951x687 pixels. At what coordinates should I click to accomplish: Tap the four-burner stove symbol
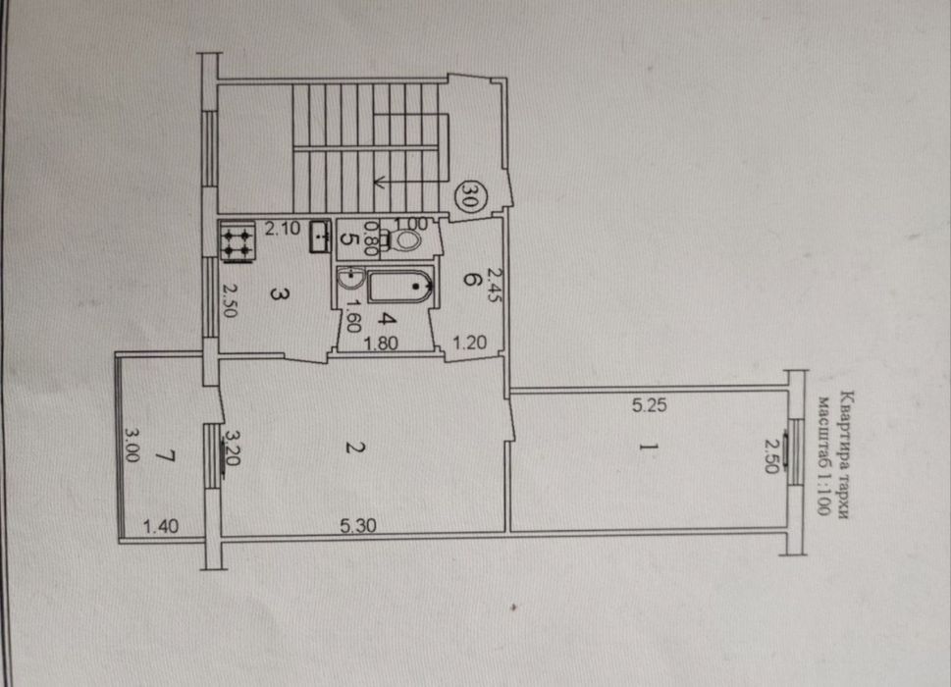(238, 242)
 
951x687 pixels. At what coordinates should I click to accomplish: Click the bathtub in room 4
(399, 287)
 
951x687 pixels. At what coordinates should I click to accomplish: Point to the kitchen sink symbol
(320, 237)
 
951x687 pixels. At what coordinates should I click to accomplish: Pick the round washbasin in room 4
(350, 279)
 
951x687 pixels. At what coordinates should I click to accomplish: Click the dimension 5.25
(649, 405)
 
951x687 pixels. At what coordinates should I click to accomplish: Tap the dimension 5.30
(358, 525)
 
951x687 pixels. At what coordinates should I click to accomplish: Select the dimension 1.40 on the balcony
(161, 526)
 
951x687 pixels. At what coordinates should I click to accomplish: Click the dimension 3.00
(132, 445)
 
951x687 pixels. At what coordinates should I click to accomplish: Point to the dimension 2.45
(496, 286)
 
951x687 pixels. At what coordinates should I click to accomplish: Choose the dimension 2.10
(282, 229)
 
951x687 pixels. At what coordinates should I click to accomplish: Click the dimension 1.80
(380, 343)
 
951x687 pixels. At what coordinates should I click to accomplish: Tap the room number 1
(649, 447)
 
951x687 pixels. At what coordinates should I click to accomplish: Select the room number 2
(355, 448)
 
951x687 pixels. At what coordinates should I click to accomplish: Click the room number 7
(166, 455)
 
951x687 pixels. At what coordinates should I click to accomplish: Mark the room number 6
(471, 280)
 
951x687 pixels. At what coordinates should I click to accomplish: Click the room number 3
(279, 294)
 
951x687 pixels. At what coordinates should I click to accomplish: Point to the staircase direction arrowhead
(380, 181)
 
